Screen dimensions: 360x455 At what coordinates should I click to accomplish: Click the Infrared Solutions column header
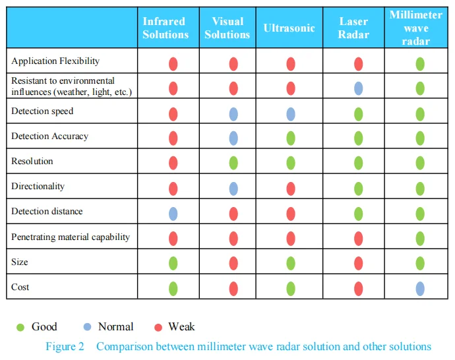point(166,28)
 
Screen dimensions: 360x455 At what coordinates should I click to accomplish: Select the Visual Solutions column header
point(227,28)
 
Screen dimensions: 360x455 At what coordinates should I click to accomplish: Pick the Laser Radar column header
point(353,28)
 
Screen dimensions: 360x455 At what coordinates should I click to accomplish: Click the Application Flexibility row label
point(55,61)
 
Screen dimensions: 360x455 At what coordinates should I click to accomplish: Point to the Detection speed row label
point(42,111)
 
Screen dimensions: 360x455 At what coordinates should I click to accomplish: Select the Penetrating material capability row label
point(71,237)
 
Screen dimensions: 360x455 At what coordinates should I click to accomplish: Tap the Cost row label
point(20,287)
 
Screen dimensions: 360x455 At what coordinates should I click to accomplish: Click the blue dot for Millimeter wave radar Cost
point(420,288)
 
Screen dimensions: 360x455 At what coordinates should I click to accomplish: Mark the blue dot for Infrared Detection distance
point(173,213)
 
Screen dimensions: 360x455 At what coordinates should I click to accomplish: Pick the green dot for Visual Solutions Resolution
point(233,163)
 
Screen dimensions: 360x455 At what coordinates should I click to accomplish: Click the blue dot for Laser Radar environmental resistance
point(359,88)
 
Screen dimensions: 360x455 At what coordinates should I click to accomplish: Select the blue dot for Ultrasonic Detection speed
point(291,114)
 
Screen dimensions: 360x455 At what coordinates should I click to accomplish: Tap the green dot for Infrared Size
point(173,263)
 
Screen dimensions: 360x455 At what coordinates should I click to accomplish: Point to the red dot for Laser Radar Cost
point(359,288)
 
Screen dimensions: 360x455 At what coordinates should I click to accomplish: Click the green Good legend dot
point(20,327)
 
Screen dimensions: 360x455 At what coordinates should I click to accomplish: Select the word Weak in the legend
point(181,327)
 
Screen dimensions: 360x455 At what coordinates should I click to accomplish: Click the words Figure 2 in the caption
point(65,347)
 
